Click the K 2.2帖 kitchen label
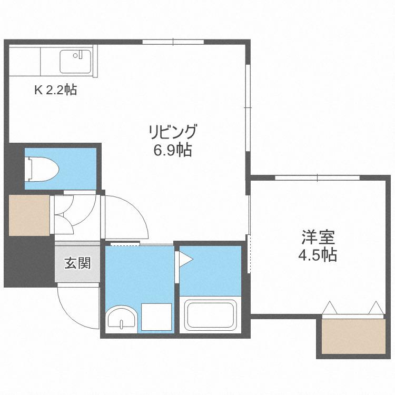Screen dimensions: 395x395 (x=56, y=90)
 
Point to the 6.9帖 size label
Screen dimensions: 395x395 (x=173, y=150)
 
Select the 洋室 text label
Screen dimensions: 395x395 (x=318, y=237)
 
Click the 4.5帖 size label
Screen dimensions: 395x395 (x=318, y=255)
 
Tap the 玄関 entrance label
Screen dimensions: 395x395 (x=77, y=263)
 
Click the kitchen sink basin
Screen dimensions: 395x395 (x=75, y=62)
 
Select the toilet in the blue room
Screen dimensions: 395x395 (x=42, y=169)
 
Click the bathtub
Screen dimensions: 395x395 (x=210, y=315)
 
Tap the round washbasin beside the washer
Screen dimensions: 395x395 (x=122, y=319)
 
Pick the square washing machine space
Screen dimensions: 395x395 (x=156, y=317)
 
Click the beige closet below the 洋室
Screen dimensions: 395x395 (x=353, y=337)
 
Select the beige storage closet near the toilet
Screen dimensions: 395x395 (x=29, y=215)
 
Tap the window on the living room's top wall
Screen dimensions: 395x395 (x=173, y=42)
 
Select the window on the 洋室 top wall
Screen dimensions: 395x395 (x=317, y=177)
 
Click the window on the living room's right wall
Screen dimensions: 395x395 (x=248, y=108)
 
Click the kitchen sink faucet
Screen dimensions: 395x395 (x=81, y=55)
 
